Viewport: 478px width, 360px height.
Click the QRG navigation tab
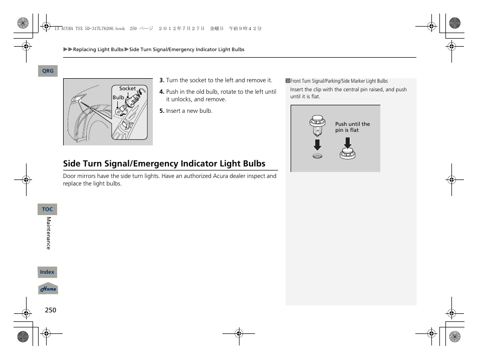pyautogui.click(x=48, y=71)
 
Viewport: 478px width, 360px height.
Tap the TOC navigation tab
pyautogui.click(x=48, y=209)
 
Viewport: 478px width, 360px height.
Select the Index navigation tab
pyautogui.click(x=47, y=272)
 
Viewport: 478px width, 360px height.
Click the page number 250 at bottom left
pyautogui.click(x=50, y=310)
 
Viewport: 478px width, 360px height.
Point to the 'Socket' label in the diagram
pyautogui.click(x=127, y=89)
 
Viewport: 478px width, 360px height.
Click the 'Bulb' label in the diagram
pyautogui.click(x=118, y=98)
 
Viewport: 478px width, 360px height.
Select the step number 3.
pyautogui.click(x=162, y=80)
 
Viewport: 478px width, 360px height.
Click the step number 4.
pyautogui.click(x=162, y=92)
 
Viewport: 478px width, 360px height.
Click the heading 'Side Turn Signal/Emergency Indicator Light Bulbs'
pyautogui.click(x=164, y=163)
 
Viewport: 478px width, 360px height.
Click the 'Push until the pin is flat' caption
pyautogui.click(x=352, y=127)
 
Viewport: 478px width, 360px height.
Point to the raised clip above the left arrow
pyautogui.click(x=316, y=125)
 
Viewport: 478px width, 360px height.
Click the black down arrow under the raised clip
pyautogui.click(x=317, y=144)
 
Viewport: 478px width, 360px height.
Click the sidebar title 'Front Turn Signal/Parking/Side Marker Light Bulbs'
pyautogui.click(x=339, y=81)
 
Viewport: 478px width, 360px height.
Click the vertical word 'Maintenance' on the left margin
pyautogui.click(x=49, y=233)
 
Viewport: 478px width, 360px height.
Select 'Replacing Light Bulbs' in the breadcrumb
pyautogui.click(x=98, y=50)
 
